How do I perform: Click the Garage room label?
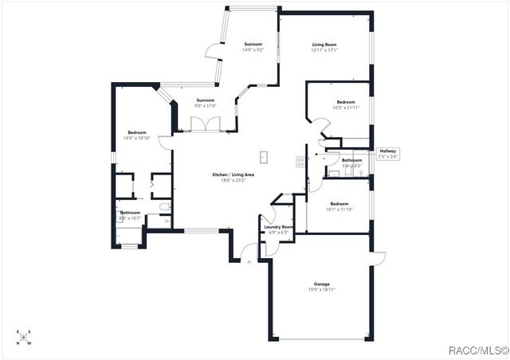pos(321,284)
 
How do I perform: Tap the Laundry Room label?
pos(277,227)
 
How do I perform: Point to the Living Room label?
pos(324,44)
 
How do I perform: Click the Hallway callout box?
pos(387,154)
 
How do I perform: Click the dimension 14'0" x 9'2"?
pos(253,49)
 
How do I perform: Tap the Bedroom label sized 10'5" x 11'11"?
pos(345,102)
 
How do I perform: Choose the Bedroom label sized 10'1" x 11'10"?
pos(339,203)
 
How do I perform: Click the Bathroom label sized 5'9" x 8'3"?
pos(351,160)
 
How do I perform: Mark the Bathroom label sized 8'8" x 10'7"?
pos(131,213)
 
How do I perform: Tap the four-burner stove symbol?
pos(300,162)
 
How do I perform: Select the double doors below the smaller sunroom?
pos(206,124)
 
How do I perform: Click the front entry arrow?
pos(249,260)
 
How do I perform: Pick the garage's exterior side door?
pos(378,256)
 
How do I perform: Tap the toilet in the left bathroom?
pos(163,207)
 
